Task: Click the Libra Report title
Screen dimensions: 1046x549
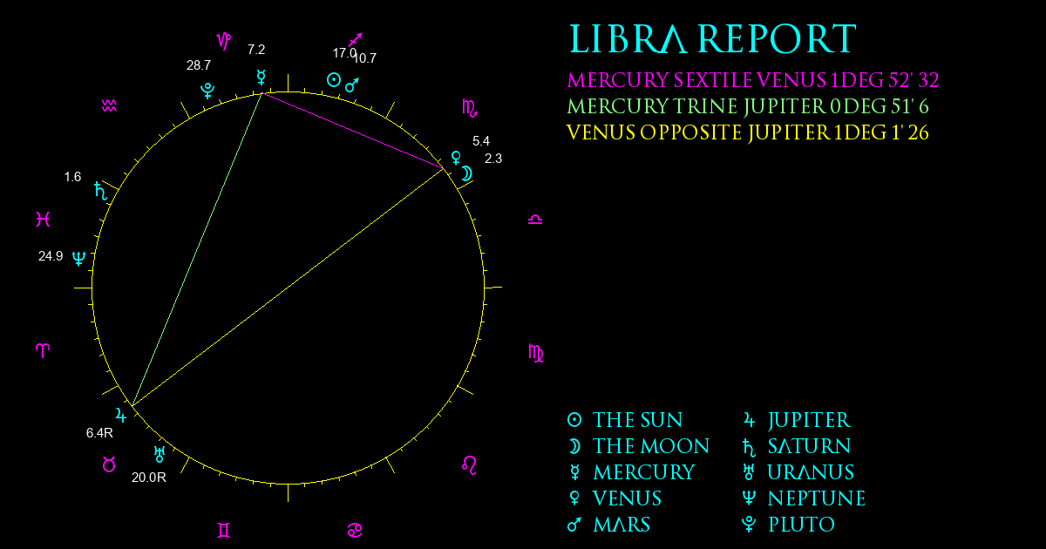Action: (713, 39)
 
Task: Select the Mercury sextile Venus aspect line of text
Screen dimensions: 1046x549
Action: (753, 80)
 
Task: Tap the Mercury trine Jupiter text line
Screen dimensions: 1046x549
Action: (748, 106)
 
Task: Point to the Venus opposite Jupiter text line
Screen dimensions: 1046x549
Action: (748, 132)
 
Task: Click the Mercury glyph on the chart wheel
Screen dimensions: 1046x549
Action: (261, 78)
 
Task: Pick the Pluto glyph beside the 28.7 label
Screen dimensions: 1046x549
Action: (207, 90)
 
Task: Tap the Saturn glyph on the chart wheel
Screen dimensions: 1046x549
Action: (100, 191)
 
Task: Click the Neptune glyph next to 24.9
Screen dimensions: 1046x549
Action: (79, 258)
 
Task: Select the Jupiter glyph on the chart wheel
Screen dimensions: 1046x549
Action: (121, 415)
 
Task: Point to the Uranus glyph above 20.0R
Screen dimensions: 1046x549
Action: (160, 454)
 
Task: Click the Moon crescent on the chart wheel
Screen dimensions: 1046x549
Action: (467, 173)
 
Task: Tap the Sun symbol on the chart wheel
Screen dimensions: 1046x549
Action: (333, 80)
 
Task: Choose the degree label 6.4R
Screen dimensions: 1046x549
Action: (99, 433)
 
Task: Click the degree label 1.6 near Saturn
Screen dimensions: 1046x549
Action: (72, 177)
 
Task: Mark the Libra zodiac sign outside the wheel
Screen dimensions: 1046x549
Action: (535, 220)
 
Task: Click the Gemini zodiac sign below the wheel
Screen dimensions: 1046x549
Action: (224, 531)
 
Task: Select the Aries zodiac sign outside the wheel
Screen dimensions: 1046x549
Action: (43, 350)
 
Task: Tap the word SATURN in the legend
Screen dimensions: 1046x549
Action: (809, 446)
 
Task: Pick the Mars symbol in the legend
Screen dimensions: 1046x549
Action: (574, 525)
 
